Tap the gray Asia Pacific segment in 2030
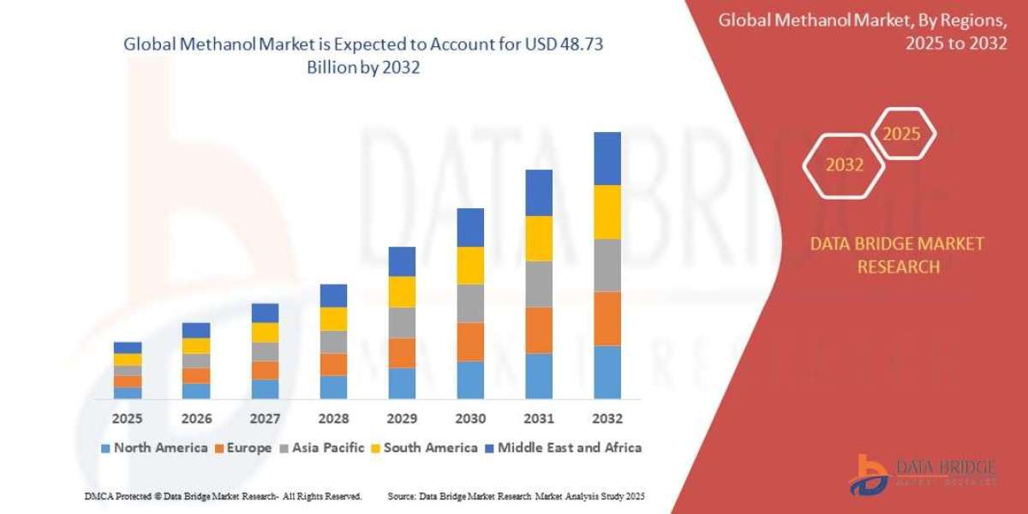[470, 303]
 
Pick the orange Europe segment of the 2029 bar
[402, 353]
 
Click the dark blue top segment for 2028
[333, 296]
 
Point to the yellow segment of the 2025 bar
[128, 360]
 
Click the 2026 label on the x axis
[196, 419]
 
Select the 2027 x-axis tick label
[265, 419]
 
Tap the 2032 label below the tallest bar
[607, 419]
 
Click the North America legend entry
[154, 447]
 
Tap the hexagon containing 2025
[901, 134]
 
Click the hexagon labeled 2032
[844, 165]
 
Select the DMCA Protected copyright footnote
[223, 496]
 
